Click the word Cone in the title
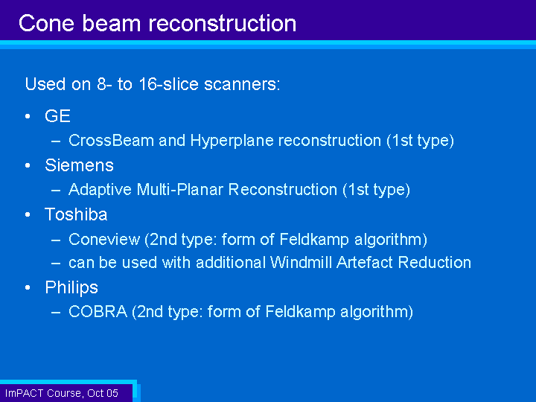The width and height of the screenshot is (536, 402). tap(46, 24)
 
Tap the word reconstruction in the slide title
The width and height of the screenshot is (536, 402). tap(222, 24)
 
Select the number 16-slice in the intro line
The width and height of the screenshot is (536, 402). tap(168, 84)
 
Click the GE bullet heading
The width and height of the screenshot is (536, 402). tap(57, 116)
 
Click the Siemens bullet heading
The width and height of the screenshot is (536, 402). tap(79, 165)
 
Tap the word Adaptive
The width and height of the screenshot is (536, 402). tap(100, 190)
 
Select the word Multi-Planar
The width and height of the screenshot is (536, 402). tap(180, 190)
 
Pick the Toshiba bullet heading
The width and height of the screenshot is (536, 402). tap(76, 214)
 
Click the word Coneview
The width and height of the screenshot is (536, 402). tap(104, 239)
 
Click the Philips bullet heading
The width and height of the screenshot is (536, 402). tap(71, 288)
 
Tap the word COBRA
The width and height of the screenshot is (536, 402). tap(98, 312)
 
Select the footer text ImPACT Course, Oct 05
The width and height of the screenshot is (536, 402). tap(62, 393)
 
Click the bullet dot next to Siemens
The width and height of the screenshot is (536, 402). tap(28, 166)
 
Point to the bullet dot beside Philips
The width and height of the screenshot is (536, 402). tap(28, 288)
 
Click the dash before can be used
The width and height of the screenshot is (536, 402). tap(56, 264)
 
